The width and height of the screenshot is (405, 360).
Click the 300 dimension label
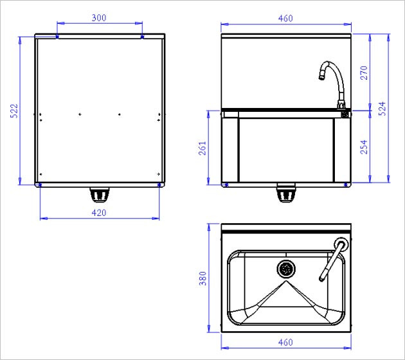pos(99,18)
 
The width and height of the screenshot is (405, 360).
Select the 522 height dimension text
pos(14,111)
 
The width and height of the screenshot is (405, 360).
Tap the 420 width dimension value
pos(99,213)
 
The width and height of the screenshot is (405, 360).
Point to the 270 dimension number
pos(364,73)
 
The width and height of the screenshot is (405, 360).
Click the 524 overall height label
pos(382,109)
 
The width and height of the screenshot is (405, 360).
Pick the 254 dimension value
pos(364,147)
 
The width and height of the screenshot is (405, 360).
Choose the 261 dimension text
pos(203,148)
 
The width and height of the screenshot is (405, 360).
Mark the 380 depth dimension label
pos(203,278)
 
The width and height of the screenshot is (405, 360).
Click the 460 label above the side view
pos(285,19)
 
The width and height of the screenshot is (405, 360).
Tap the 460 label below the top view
pos(285,343)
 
